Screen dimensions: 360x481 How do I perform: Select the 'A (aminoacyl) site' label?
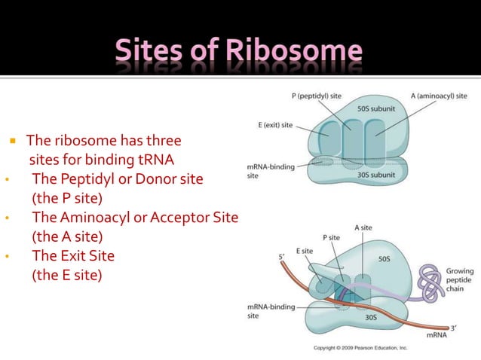pos(439,96)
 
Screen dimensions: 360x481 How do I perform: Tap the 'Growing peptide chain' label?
pos(460,279)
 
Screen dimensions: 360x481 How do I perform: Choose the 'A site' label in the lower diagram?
pos(362,227)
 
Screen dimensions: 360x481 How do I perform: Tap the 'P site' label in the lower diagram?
pos(332,237)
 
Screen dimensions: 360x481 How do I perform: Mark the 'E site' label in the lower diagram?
pos(305,250)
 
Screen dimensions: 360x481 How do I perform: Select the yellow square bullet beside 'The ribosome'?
pos(13,141)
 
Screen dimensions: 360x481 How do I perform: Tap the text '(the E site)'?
pos(65,275)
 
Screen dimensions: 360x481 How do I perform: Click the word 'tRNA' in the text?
pos(157,160)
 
